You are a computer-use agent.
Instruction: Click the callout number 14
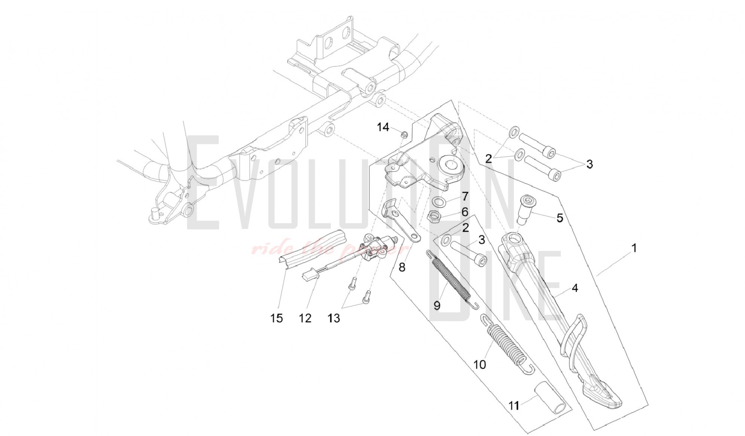(383, 127)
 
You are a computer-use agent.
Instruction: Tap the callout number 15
(277, 318)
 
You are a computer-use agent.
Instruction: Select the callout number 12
(305, 318)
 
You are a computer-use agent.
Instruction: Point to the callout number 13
(334, 318)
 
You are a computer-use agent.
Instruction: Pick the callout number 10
(480, 364)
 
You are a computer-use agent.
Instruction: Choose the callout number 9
(437, 305)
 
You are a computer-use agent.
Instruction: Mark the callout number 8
(402, 267)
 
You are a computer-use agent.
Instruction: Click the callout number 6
(465, 212)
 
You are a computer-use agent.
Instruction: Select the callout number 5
(560, 218)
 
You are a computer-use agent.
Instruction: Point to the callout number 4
(575, 288)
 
